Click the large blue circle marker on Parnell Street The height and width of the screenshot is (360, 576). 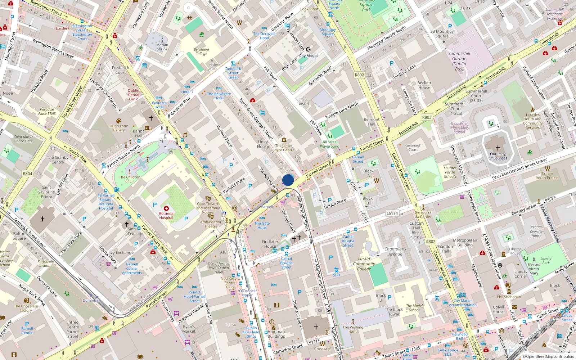click(x=288, y=180)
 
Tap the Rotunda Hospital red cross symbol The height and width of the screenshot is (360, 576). click(x=166, y=208)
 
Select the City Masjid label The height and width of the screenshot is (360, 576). click(x=308, y=56)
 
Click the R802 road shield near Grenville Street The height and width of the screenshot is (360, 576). click(x=359, y=75)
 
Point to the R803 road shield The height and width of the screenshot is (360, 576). click(x=427, y=117)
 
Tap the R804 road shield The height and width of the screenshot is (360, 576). click(x=28, y=174)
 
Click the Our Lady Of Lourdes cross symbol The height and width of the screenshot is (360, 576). click(x=498, y=148)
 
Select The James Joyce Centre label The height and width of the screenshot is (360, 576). click(x=284, y=148)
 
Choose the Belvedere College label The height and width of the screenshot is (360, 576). click(x=201, y=51)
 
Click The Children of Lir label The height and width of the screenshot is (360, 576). click(x=130, y=179)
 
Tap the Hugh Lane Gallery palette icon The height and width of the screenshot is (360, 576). click(x=119, y=121)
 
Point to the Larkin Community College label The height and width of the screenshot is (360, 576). click(x=364, y=264)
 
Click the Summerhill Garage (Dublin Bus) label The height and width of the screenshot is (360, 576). click(x=459, y=61)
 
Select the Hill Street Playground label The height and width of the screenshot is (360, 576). click(x=329, y=144)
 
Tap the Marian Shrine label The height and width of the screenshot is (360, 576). click(x=162, y=47)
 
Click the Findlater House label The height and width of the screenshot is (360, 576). click(x=270, y=244)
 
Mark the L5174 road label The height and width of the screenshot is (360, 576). click(x=392, y=213)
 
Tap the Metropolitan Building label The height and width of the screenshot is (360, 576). click(x=465, y=243)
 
